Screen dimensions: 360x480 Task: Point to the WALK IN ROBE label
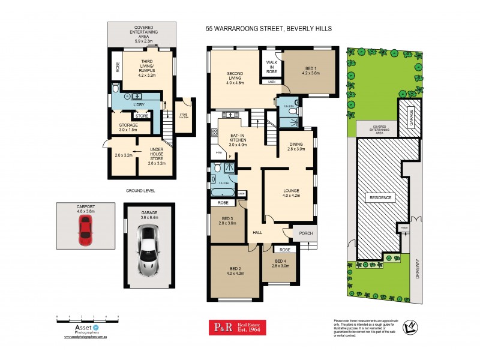pos(271,67)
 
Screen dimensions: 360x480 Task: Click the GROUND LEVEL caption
pos(140,190)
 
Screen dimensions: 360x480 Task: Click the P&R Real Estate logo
pos(236,327)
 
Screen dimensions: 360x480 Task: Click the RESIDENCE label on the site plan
pos(380,197)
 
